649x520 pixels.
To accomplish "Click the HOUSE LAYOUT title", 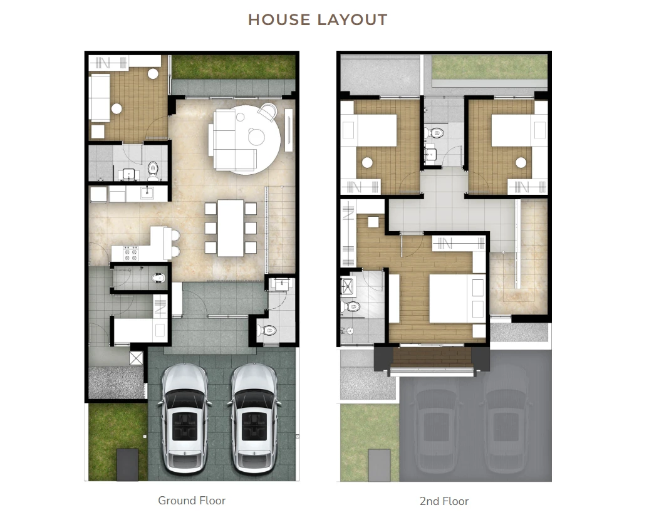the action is [x=318, y=20].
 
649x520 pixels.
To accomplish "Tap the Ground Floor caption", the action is [x=192, y=501].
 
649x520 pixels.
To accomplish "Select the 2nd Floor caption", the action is [x=444, y=501].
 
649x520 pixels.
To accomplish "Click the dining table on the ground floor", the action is [x=231, y=228].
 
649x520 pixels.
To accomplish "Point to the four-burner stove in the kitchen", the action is [x=131, y=253].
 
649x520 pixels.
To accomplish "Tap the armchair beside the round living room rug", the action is [x=267, y=111].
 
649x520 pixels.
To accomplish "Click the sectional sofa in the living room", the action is [x=232, y=140].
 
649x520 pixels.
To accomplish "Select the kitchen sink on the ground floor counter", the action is [x=147, y=193].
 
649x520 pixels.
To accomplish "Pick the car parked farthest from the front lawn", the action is [x=253, y=419].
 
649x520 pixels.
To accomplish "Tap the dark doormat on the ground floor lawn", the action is [x=127, y=464].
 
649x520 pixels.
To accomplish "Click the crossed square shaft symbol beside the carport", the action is [x=136, y=358].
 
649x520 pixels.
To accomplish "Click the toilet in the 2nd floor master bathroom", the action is [x=350, y=307].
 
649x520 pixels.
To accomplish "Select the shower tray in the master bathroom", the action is [x=347, y=285].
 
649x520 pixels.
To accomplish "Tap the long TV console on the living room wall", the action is [x=289, y=130].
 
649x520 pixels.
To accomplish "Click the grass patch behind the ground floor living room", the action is [x=234, y=66].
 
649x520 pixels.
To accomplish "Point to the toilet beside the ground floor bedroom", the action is [x=153, y=170].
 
